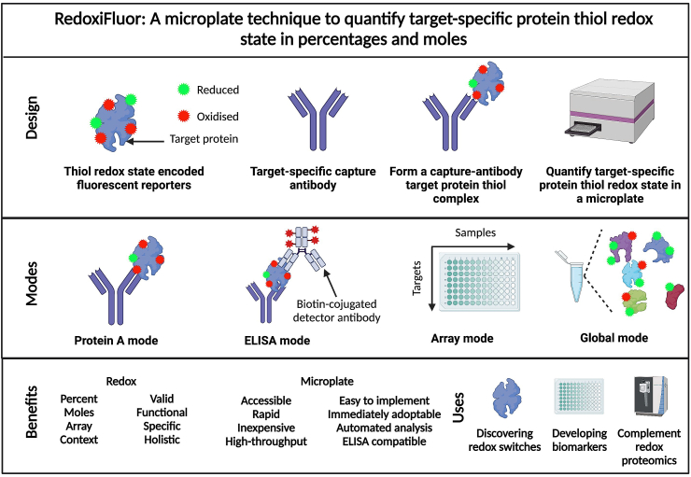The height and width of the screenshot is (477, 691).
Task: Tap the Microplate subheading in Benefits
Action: click(x=327, y=382)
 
